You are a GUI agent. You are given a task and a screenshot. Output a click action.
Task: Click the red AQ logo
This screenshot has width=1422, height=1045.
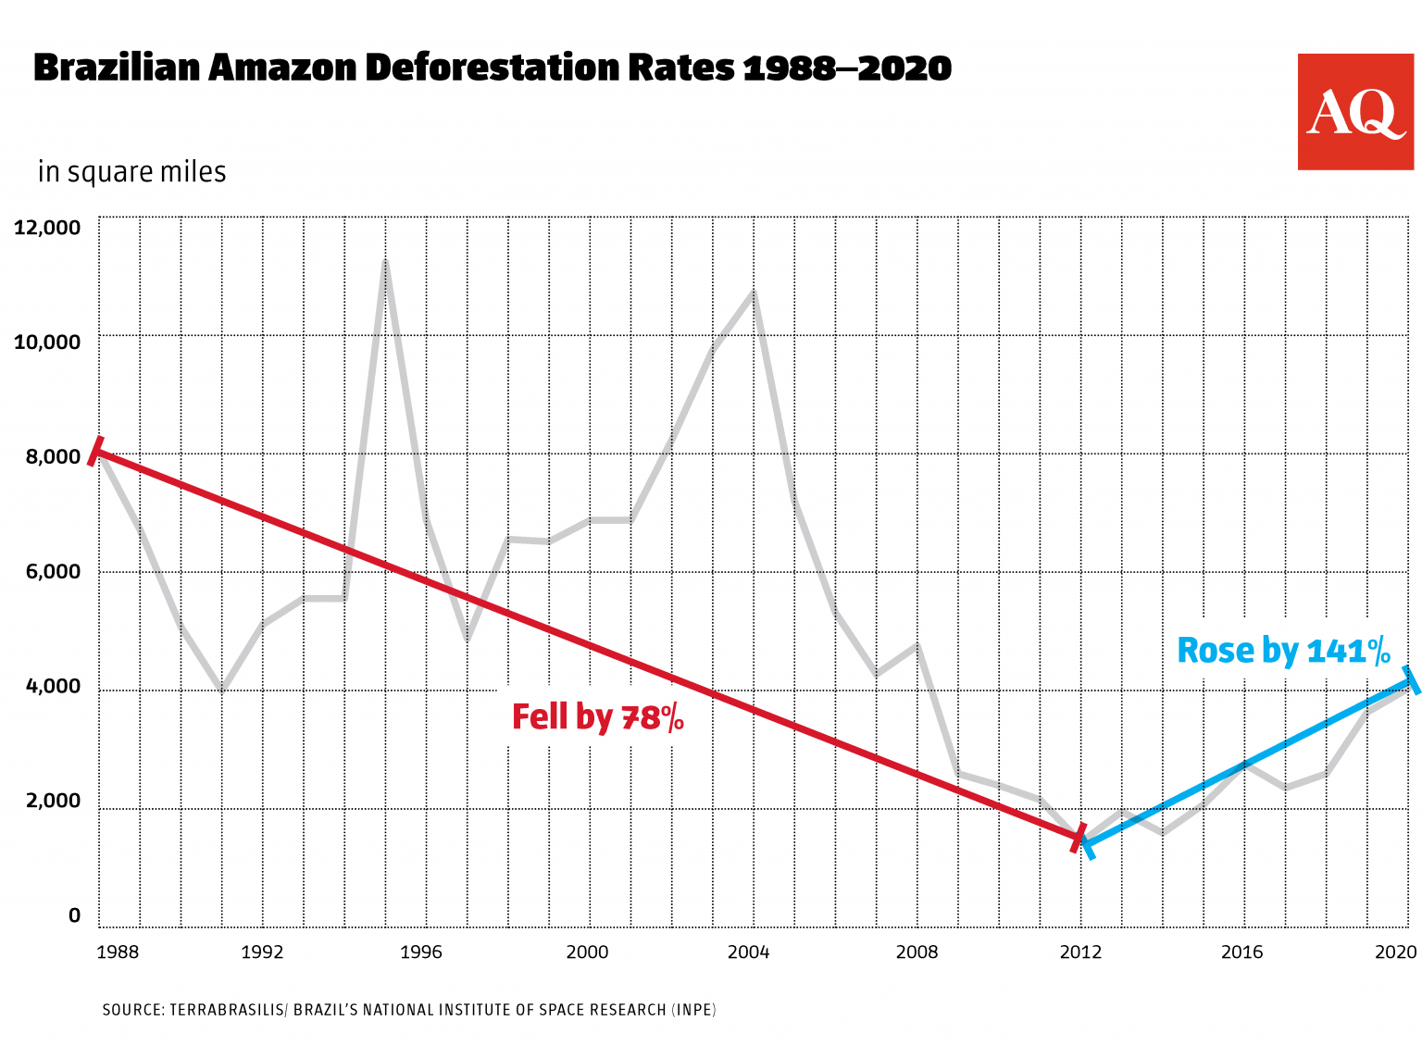click(x=1355, y=112)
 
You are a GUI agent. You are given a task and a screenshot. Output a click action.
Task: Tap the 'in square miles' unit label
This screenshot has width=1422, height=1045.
click(x=131, y=172)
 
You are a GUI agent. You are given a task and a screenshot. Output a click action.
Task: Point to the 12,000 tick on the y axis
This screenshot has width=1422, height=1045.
click(x=47, y=228)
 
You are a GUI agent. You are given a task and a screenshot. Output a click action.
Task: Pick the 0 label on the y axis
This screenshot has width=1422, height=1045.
click(x=74, y=915)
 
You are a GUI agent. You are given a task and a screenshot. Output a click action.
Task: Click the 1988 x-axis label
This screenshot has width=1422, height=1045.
click(x=118, y=952)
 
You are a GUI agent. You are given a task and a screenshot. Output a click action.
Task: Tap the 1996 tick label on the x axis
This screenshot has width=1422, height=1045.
click(x=421, y=952)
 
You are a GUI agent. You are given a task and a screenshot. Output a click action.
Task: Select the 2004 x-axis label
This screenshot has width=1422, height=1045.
click(x=748, y=952)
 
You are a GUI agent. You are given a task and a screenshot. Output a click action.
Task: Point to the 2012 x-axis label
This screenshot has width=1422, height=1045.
click(x=1079, y=952)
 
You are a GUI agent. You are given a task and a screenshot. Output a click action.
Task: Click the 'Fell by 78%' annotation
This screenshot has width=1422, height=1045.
click(x=597, y=717)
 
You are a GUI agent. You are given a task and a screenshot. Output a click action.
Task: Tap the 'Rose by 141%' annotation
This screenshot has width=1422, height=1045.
click(x=1283, y=651)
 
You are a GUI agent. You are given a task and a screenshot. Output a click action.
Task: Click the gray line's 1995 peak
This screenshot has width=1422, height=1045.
click(x=385, y=261)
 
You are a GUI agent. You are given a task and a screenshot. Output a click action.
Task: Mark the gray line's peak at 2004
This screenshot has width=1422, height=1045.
click(x=754, y=292)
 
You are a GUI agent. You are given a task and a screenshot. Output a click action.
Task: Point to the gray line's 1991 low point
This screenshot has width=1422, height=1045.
click(x=221, y=690)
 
